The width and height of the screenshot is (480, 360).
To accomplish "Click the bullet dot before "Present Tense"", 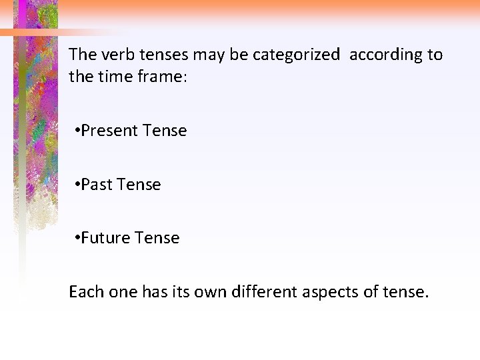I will click(x=78, y=131).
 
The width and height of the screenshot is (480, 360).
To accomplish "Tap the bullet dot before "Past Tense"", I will click(x=78, y=185).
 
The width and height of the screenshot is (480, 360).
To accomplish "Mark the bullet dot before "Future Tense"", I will click(x=78, y=238).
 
